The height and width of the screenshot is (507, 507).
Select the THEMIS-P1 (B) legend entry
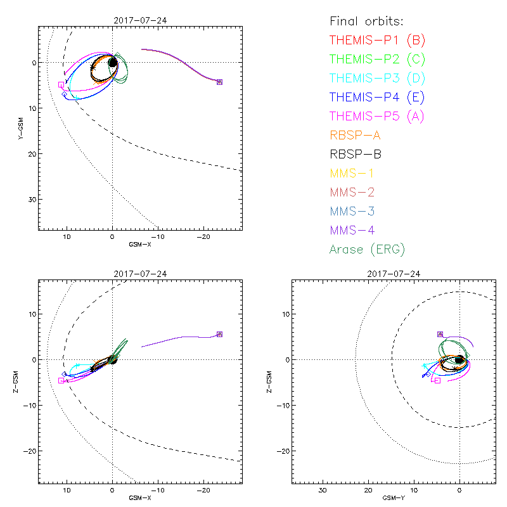click(x=377, y=41)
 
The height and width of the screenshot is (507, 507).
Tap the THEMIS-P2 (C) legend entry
click(x=377, y=60)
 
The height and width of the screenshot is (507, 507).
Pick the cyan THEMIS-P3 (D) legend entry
click(x=377, y=79)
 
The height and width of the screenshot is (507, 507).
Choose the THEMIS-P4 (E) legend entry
click(x=377, y=98)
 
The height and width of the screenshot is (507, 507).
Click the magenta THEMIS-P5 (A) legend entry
click(x=377, y=116)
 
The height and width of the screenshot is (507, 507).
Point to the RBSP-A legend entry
click(x=356, y=135)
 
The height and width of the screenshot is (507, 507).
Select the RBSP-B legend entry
click(x=356, y=154)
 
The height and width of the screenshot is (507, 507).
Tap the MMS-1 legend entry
click(x=352, y=173)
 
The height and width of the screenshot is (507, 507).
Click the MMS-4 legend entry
click(x=352, y=230)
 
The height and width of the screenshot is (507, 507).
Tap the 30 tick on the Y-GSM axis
click(x=31, y=199)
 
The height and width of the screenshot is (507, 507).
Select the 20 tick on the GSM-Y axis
click(x=368, y=490)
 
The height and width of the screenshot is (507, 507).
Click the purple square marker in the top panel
click(x=219, y=82)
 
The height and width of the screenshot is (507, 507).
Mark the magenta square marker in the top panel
click(x=61, y=84)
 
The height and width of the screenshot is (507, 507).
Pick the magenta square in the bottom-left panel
click(x=61, y=380)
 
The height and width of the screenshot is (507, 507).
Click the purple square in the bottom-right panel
click(x=440, y=334)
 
